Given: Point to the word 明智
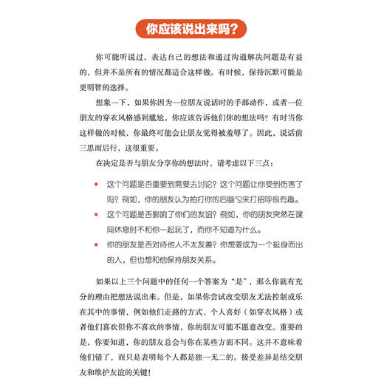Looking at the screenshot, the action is tap(109, 89).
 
